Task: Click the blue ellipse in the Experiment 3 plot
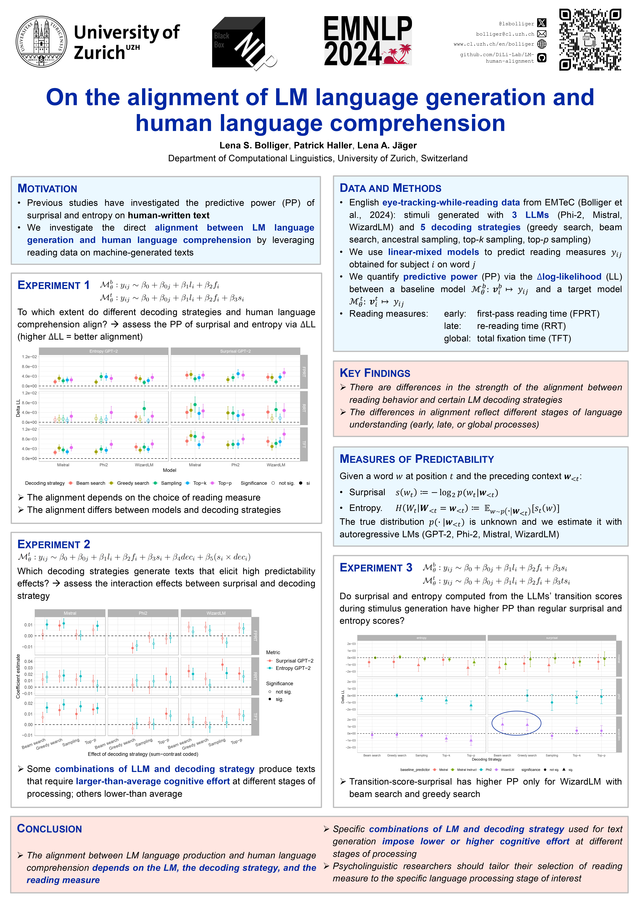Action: point(516,723)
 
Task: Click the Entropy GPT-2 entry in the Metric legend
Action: point(293,668)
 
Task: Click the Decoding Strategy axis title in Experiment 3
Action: point(487,759)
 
